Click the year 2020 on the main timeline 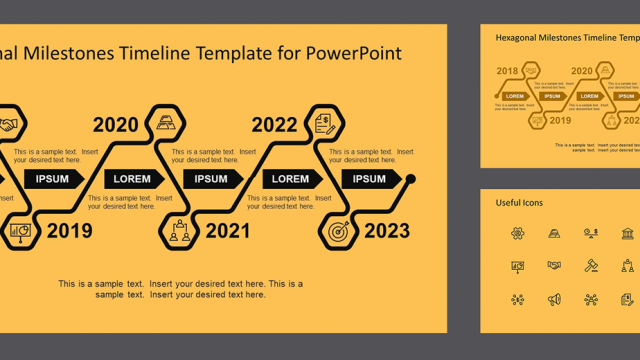116,125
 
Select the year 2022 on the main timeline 274,125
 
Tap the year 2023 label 386,232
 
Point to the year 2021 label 228,232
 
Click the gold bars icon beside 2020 166,125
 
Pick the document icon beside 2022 324,124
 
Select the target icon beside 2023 337,231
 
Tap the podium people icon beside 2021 179,232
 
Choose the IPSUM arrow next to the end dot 370,179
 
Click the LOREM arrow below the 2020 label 134,179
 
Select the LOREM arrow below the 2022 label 292,179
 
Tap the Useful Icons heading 519,203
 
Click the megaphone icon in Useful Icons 554,298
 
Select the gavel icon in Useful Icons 590,265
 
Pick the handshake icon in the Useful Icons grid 554,265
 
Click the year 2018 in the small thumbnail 507,71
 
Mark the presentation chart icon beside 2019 20,232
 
